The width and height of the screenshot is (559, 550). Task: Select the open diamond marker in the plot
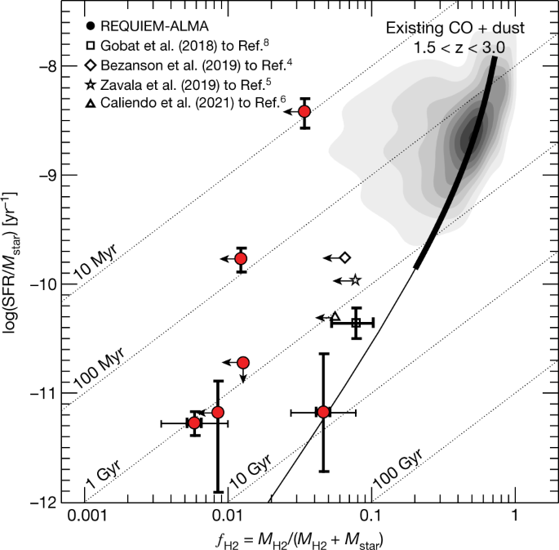344,257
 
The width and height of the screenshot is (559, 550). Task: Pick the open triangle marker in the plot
335,317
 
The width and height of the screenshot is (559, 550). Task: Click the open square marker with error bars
356,323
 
